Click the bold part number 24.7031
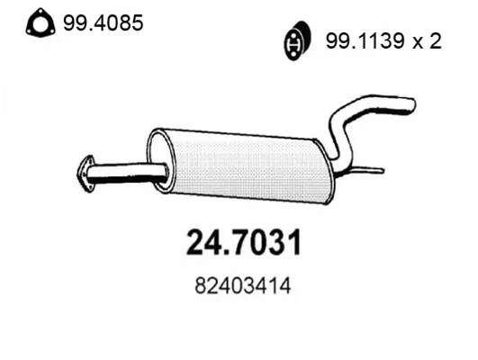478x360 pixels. coord(244,242)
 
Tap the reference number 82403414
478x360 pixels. coord(243,286)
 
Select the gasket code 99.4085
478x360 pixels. coord(103,22)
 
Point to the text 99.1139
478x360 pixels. coord(365,41)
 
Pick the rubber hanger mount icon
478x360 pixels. coord(297,40)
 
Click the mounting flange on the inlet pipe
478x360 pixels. coord(86,174)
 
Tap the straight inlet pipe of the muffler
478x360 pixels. coord(128,173)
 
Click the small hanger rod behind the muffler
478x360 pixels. coord(361,171)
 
